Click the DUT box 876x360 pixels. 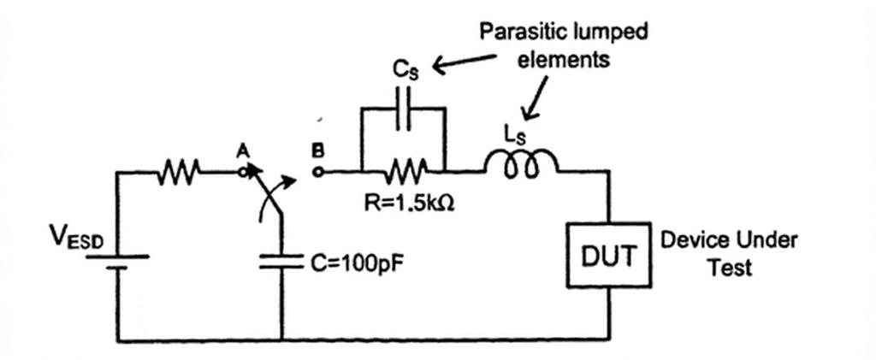[608, 255]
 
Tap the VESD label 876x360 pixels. [76, 239]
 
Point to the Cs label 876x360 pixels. [405, 71]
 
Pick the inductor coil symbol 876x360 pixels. [521, 164]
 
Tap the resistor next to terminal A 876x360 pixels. [178, 171]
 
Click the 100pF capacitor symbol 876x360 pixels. [281, 262]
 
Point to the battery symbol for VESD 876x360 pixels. [116, 262]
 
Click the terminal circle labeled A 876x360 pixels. [242, 173]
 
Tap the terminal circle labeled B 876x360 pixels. [317, 173]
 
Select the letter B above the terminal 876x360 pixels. [317, 150]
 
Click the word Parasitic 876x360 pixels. [518, 32]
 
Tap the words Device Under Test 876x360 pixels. [729, 253]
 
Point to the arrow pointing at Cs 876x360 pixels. [465, 62]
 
